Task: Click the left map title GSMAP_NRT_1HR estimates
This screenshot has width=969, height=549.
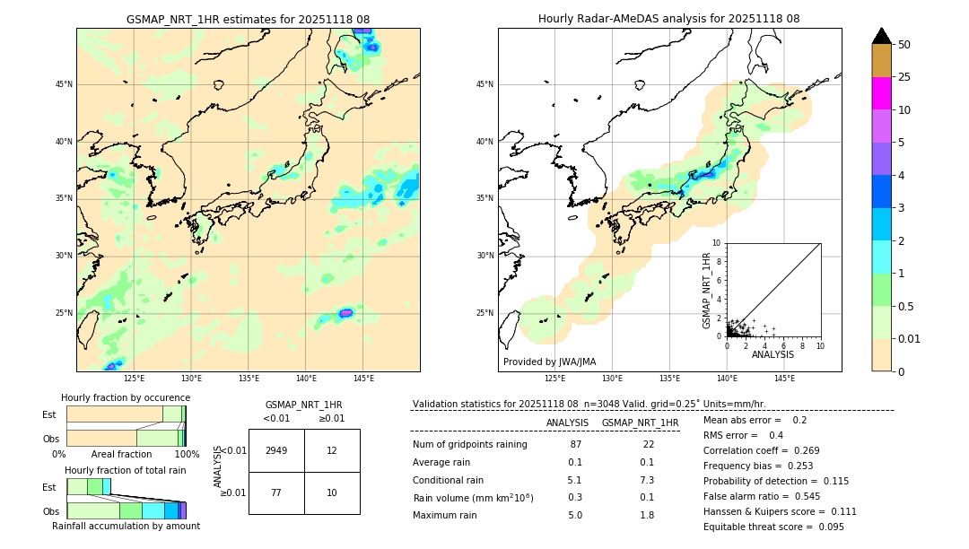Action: point(248,19)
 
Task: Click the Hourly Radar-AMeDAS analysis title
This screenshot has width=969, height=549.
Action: point(668,19)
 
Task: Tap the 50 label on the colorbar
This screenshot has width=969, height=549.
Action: point(904,45)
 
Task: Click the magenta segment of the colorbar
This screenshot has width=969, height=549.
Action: point(881,93)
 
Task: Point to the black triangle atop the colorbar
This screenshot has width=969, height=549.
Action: point(881,36)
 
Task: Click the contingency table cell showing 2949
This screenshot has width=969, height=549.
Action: point(276,450)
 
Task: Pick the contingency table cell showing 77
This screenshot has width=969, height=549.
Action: point(276,492)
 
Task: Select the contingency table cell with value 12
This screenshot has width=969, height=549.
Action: point(332,450)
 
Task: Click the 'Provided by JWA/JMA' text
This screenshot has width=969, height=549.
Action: point(549,362)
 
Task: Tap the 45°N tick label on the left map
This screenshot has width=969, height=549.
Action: point(64,84)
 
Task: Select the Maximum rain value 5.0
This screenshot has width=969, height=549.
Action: point(574,515)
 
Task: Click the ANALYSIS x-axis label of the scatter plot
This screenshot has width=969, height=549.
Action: point(773,354)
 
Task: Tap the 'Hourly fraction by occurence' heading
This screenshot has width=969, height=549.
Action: point(126,397)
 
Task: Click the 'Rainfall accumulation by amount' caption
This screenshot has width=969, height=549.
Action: point(126,526)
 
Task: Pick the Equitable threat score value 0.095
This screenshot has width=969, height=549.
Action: point(829,527)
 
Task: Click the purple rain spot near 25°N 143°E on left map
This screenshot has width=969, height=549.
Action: point(345,313)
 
